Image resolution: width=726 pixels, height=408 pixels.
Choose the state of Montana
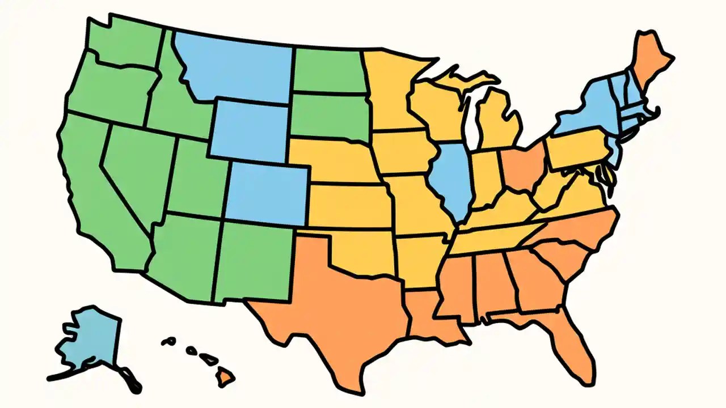click(238, 68)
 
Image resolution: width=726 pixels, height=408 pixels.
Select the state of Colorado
click(267, 193)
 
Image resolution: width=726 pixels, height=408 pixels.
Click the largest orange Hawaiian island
click(226, 376)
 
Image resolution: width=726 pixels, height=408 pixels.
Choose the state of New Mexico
click(252, 261)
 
